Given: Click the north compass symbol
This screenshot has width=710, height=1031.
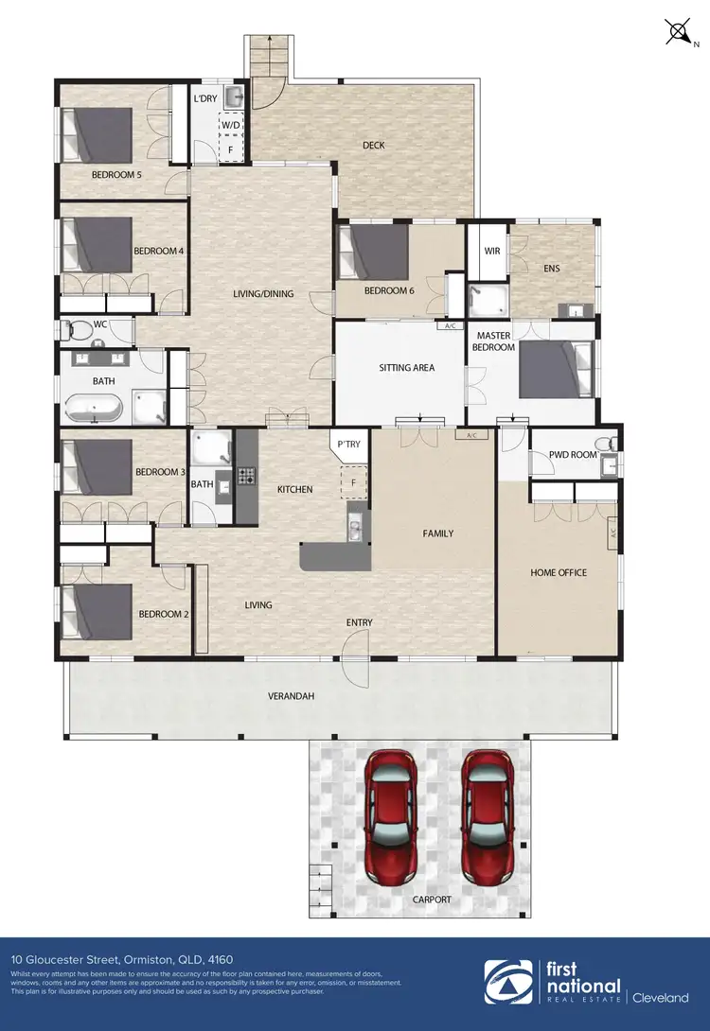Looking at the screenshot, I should click(x=679, y=31).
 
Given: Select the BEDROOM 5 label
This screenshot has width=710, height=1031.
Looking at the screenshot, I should click(x=116, y=175).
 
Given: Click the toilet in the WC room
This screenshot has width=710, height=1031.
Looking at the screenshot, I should click(x=80, y=330).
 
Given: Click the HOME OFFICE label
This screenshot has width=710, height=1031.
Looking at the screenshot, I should click(x=559, y=573).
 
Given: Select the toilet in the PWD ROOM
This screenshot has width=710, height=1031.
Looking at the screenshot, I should click(x=602, y=445).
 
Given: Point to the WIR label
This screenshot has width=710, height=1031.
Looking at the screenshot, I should click(x=491, y=252).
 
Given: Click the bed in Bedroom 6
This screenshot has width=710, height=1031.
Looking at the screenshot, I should click(x=373, y=252).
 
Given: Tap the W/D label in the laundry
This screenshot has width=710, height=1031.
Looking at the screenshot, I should click(x=230, y=125).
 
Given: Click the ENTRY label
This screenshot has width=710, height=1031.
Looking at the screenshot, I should click(x=359, y=622).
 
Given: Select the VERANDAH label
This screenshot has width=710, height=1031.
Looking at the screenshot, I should click(x=290, y=697).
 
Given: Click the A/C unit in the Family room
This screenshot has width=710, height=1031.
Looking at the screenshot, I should click(x=470, y=436).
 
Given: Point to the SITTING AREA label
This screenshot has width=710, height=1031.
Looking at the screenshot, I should click(x=406, y=368).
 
